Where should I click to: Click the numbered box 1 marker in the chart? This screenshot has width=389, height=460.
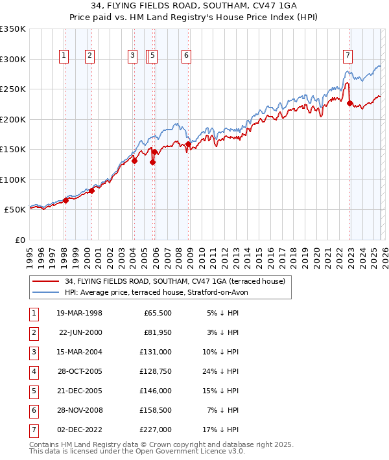[x=65, y=56]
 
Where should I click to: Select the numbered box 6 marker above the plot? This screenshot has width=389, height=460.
[x=186, y=56]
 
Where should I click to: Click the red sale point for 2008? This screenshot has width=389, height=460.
[x=188, y=144]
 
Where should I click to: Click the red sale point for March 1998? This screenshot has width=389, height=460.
[x=65, y=200]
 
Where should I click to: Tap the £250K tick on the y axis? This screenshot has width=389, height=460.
[x=13, y=89]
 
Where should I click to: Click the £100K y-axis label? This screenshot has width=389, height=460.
[x=13, y=179]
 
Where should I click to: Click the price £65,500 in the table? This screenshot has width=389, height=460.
[x=157, y=314]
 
